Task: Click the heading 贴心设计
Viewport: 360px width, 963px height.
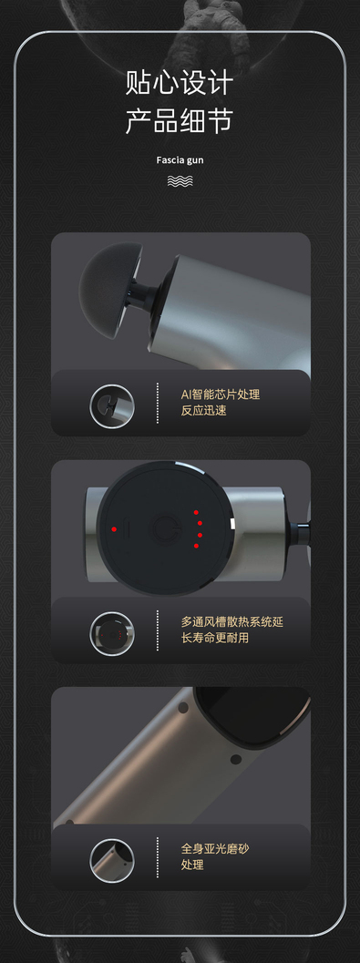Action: click(x=180, y=82)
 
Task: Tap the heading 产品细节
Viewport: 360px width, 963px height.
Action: click(x=180, y=120)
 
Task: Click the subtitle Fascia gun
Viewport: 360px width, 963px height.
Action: click(x=180, y=161)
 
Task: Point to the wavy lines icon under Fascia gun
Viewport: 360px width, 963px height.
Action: click(x=180, y=180)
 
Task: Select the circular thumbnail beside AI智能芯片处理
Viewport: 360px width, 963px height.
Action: click(x=112, y=406)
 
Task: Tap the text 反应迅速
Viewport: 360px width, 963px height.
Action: click(x=203, y=410)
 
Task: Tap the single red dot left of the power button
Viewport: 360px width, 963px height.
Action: click(x=114, y=528)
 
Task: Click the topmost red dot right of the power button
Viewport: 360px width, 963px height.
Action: click(x=197, y=512)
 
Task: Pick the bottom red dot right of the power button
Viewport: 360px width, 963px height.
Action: click(x=197, y=546)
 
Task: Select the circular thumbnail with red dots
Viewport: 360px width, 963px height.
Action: click(x=112, y=633)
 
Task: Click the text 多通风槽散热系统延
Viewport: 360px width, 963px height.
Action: click(x=232, y=621)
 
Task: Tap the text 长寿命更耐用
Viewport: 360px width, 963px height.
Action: click(x=215, y=638)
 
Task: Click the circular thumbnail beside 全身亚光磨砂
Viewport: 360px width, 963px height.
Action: click(x=112, y=860)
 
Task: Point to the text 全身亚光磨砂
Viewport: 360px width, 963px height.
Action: click(x=215, y=849)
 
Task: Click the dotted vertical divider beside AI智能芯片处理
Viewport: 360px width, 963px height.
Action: click(x=158, y=403)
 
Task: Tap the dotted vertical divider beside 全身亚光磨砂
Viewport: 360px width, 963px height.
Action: click(x=158, y=857)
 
